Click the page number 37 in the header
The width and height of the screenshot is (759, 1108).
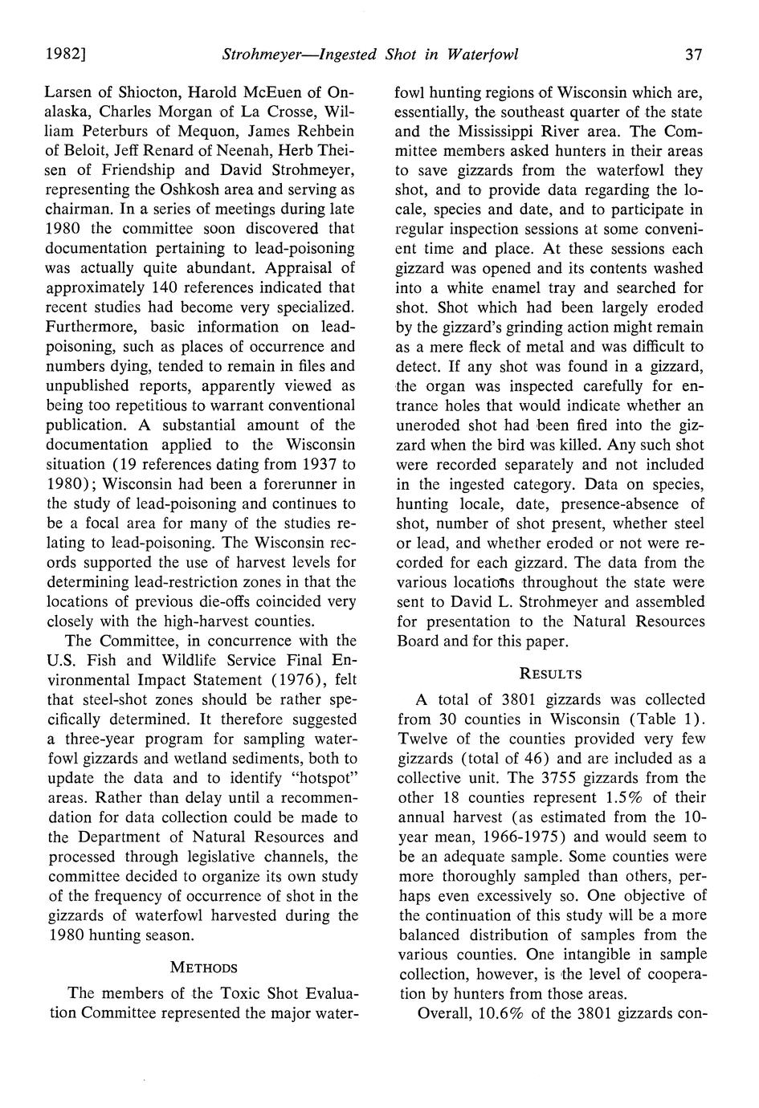(x=694, y=55)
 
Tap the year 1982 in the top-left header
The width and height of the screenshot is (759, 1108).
(x=65, y=55)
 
